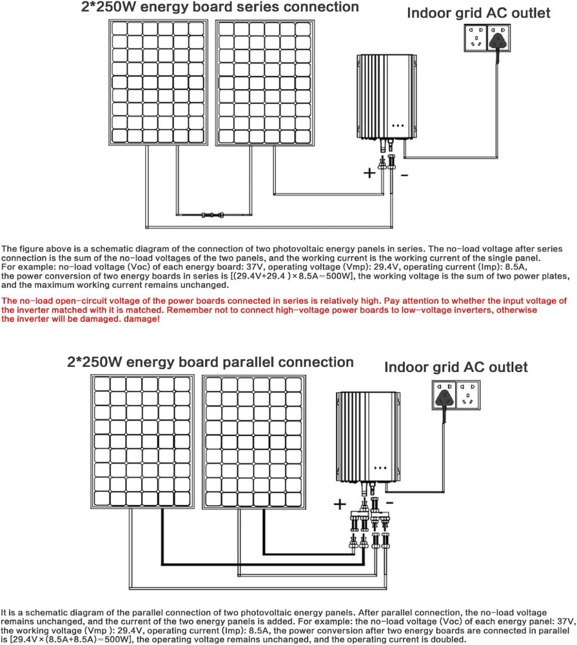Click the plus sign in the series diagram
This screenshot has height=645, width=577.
369,173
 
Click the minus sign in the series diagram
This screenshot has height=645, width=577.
404,176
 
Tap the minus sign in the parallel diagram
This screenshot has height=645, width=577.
390,501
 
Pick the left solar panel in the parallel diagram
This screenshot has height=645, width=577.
141,441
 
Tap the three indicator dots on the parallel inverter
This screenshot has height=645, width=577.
380,467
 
